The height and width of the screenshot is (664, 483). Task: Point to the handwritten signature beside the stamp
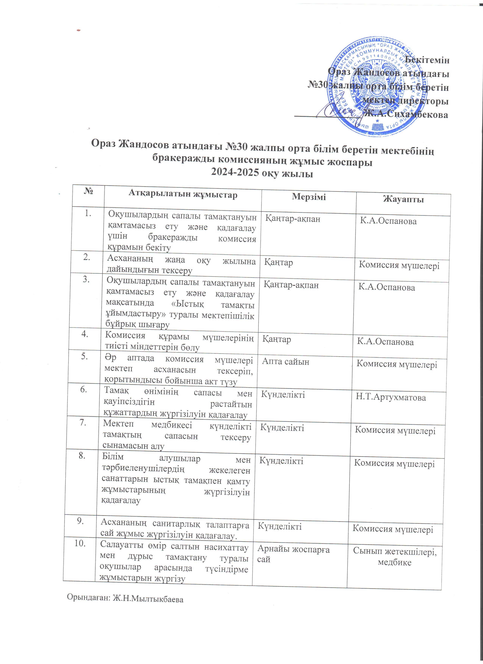point(337,111)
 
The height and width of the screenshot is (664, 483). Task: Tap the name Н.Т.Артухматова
point(391,397)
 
